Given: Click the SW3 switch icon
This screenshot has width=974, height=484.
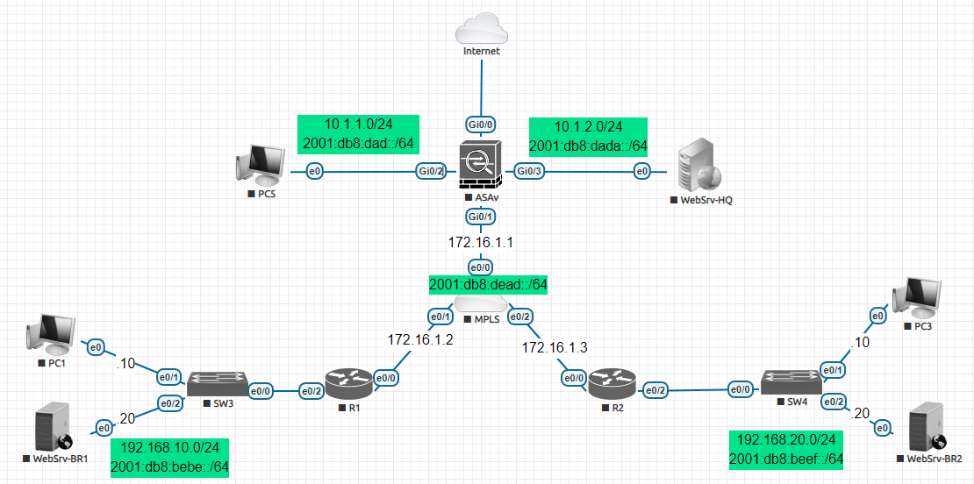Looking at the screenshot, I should (x=216, y=381).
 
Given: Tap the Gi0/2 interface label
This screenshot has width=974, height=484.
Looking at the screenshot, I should (x=431, y=172).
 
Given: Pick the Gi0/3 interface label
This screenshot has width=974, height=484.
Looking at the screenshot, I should (x=530, y=172).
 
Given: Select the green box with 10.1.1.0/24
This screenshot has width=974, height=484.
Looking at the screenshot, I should (x=358, y=134).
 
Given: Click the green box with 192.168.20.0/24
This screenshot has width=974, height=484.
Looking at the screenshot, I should (x=786, y=448).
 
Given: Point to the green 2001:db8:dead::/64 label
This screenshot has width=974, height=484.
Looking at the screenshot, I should (x=488, y=284).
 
